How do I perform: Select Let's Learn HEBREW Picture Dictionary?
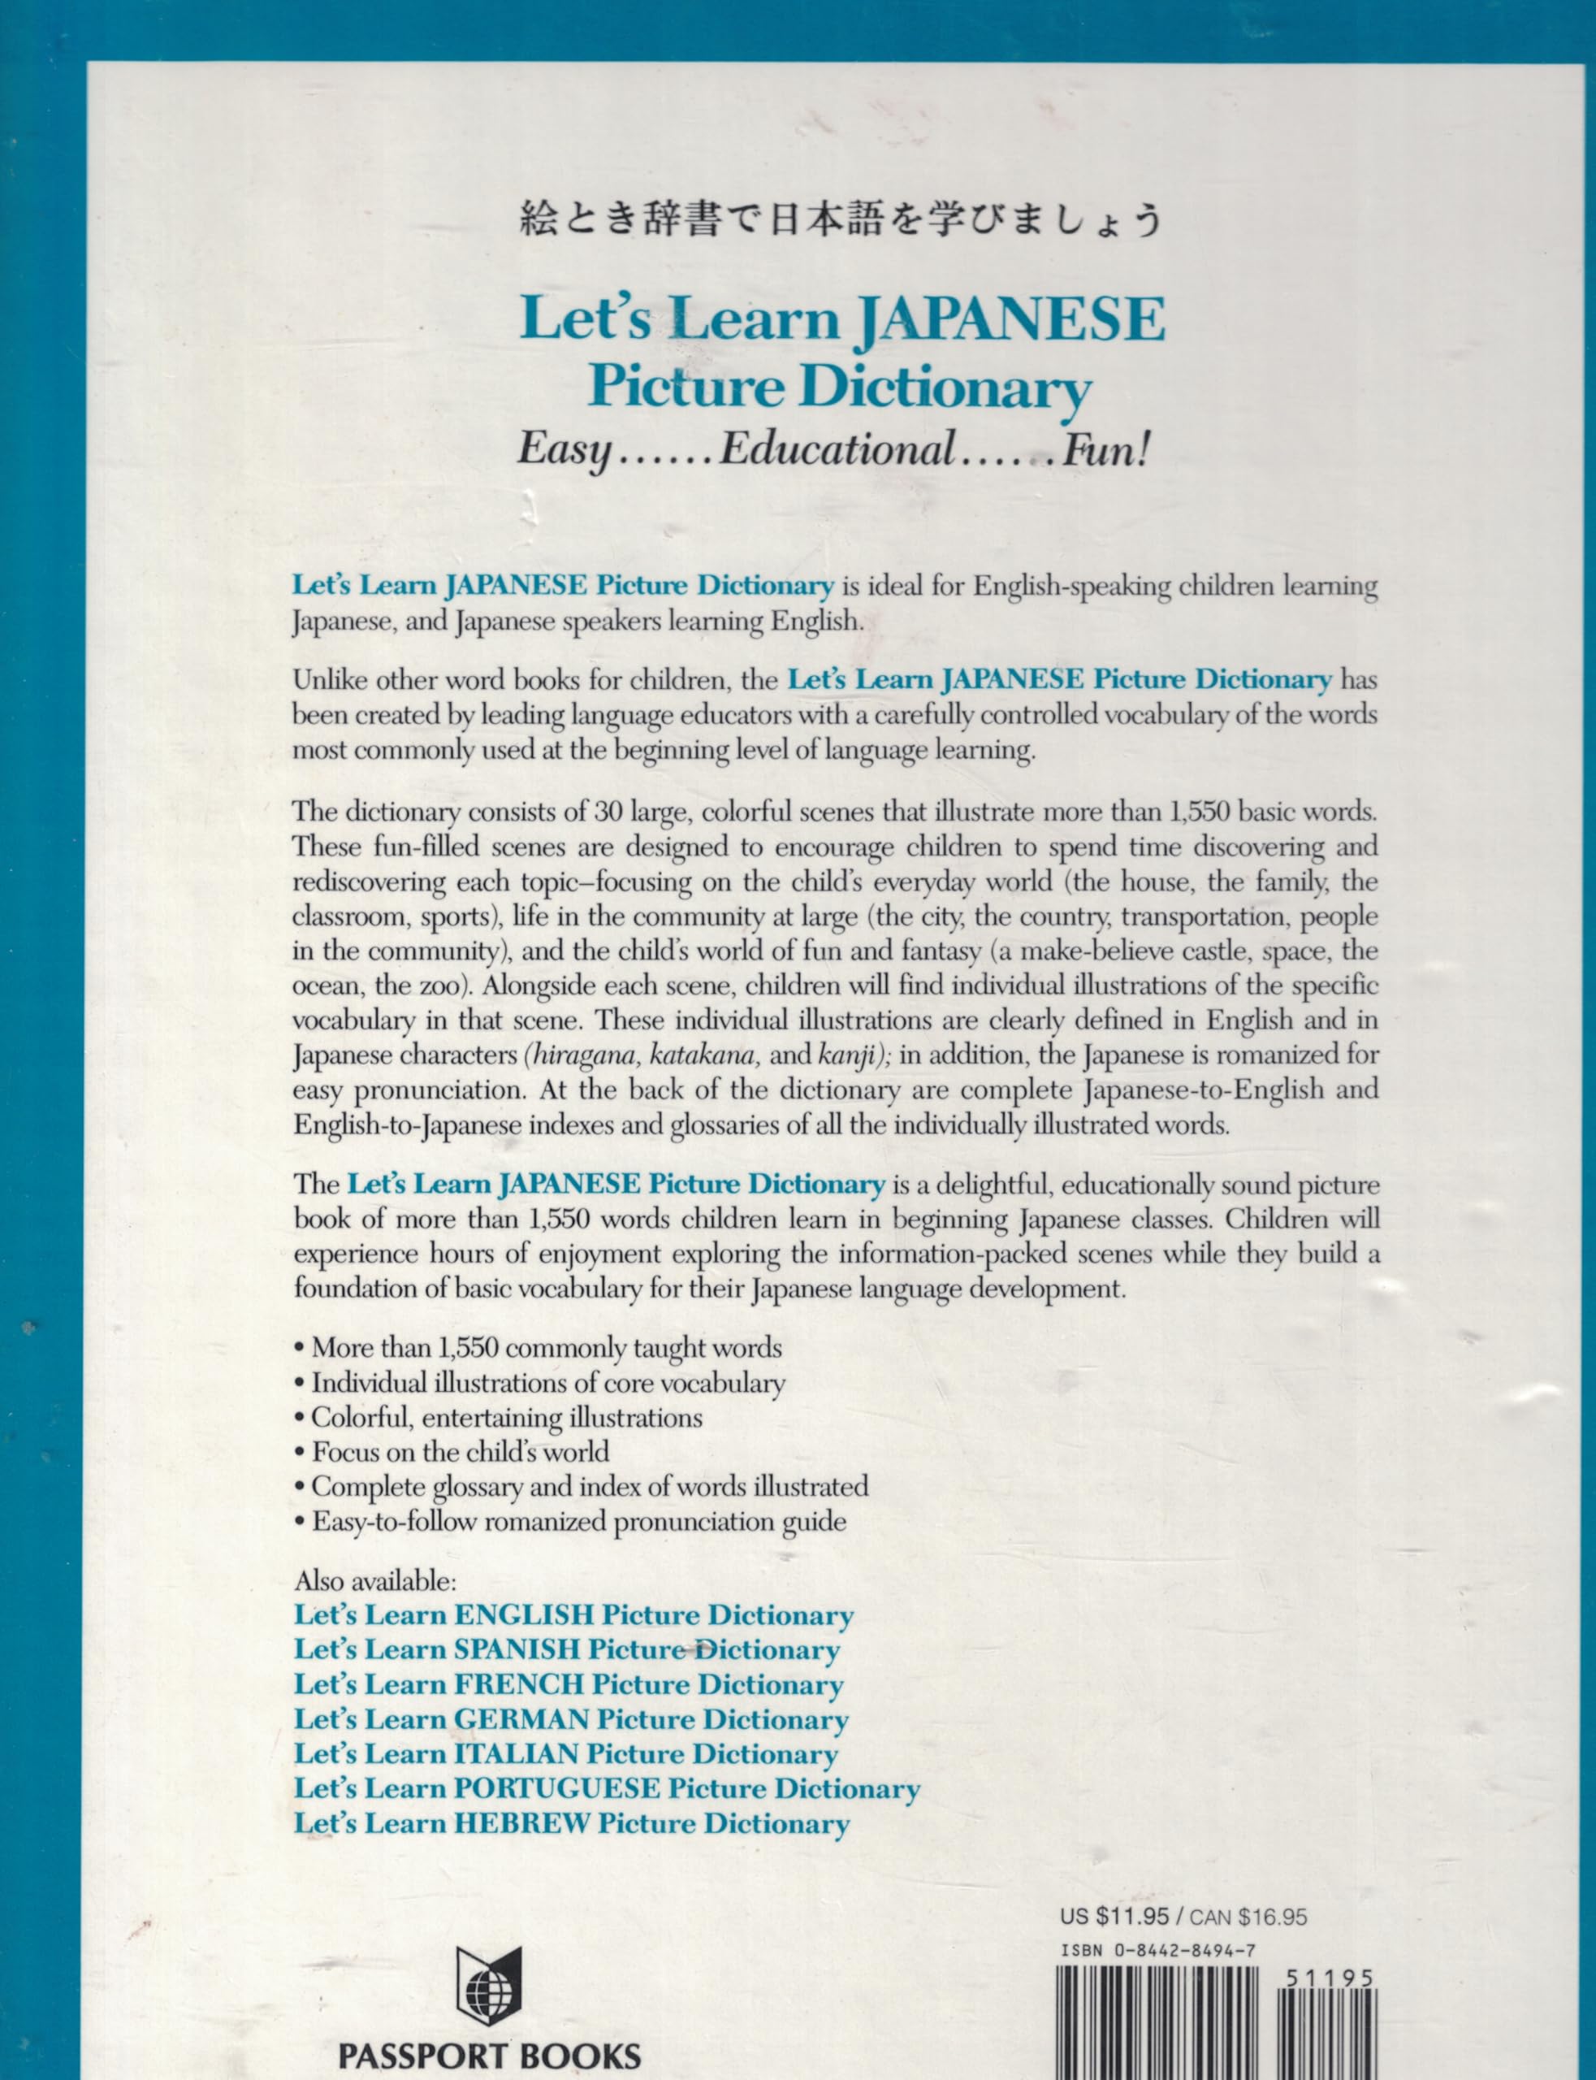571,1823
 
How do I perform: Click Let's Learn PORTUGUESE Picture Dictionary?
606,1788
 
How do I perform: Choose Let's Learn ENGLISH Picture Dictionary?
573,1615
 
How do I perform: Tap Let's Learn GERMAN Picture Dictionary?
571,1719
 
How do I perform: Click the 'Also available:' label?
375,1580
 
